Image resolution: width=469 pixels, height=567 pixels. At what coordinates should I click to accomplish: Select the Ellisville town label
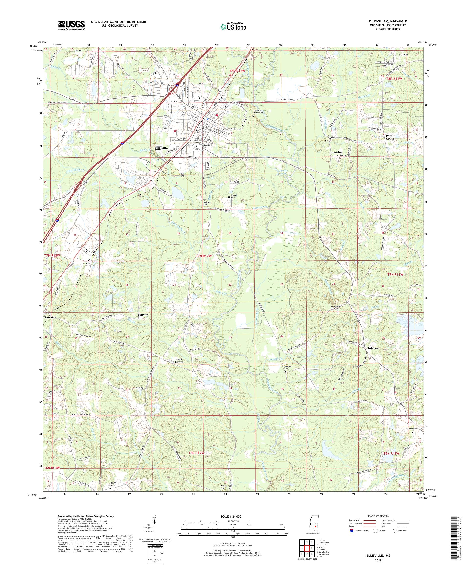161,149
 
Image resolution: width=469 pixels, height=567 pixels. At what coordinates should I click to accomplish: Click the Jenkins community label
336,153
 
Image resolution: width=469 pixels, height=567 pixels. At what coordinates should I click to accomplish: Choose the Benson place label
142,315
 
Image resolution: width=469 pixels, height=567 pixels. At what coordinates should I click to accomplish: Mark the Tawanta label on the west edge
51,317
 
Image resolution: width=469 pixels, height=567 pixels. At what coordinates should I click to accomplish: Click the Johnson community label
373,348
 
